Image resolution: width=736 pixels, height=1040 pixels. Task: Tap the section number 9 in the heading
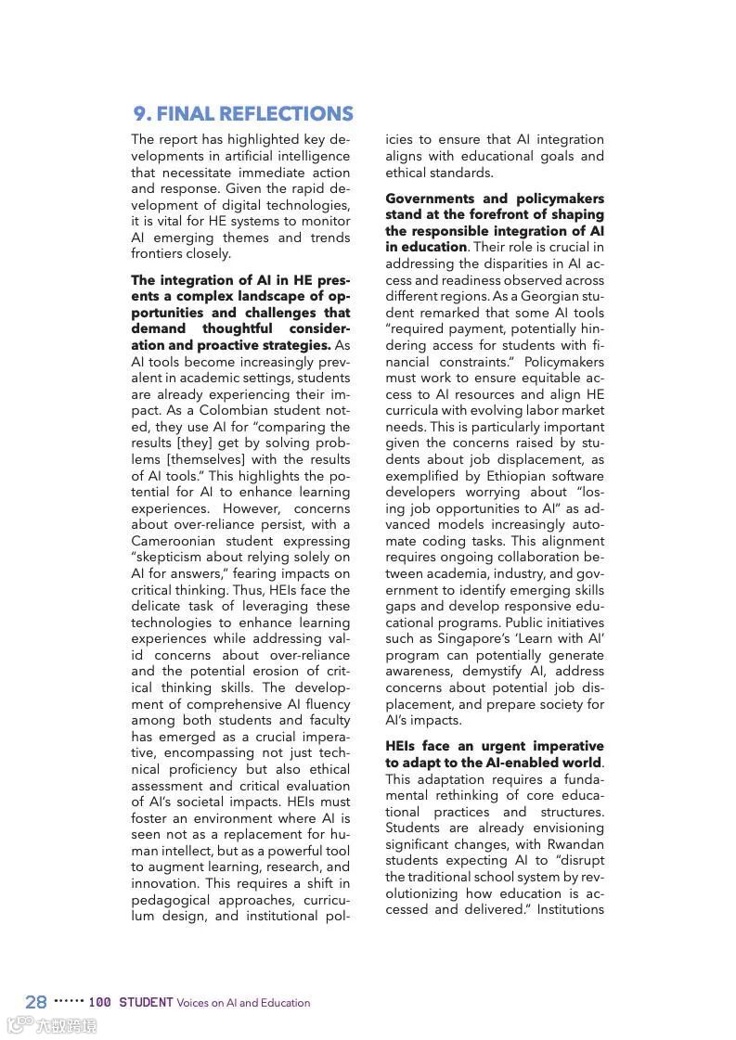141,114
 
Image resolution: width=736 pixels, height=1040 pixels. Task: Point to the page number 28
36,1002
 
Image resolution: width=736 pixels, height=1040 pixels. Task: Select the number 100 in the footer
100,1002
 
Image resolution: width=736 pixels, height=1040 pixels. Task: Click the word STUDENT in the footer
146,1002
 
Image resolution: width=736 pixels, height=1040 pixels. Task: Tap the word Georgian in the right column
550,297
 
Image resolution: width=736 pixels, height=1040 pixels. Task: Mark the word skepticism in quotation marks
176,558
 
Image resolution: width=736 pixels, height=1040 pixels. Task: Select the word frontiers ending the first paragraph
157,254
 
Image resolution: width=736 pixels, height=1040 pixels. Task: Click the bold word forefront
489,215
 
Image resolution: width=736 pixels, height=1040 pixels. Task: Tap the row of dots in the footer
68,1001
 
